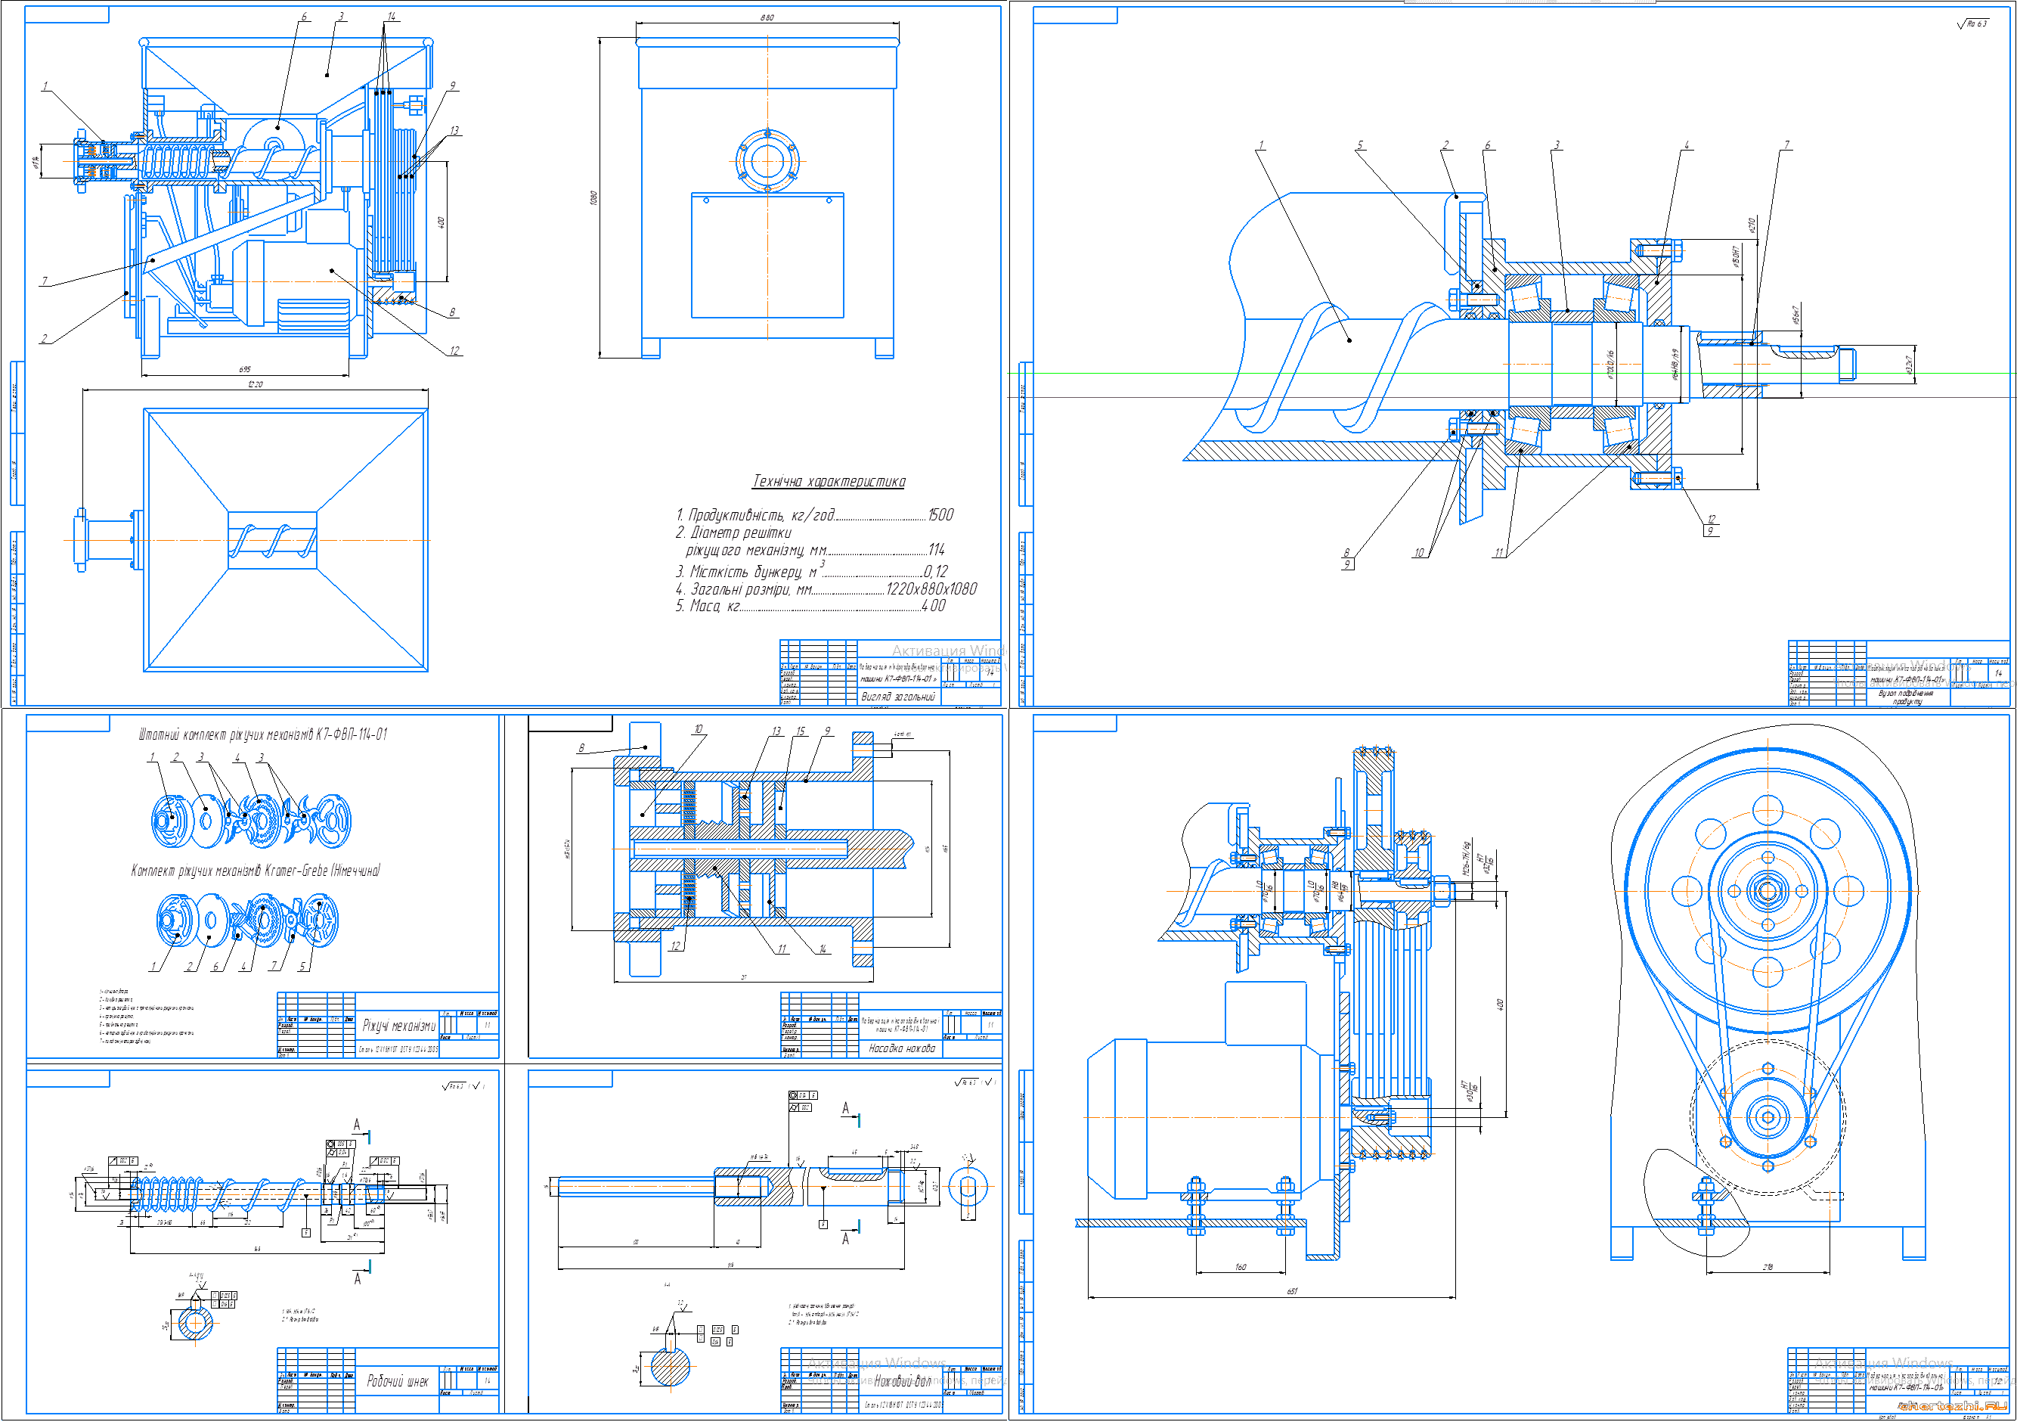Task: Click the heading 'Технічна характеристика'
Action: click(829, 481)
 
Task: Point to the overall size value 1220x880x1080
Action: click(931, 588)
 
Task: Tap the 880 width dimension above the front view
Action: click(767, 17)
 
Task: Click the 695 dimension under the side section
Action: click(245, 370)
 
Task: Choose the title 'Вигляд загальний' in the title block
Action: click(898, 696)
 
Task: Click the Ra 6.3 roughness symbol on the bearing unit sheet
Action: click(1972, 23)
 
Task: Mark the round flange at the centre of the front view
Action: click(767, 162)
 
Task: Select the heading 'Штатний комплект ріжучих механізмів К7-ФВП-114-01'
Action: click(262, 734)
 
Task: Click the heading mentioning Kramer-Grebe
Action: click(256, 871)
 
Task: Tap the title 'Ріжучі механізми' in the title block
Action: click(399, 1026)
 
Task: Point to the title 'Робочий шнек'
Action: click(398, 1382)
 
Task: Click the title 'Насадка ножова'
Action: click(901, 1048)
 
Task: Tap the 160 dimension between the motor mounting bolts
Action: click(1241, 1266)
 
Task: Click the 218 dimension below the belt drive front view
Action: click(1768, 1266)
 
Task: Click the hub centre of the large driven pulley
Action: click(1768, 891)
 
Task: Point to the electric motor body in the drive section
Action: click(1204, 1116)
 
